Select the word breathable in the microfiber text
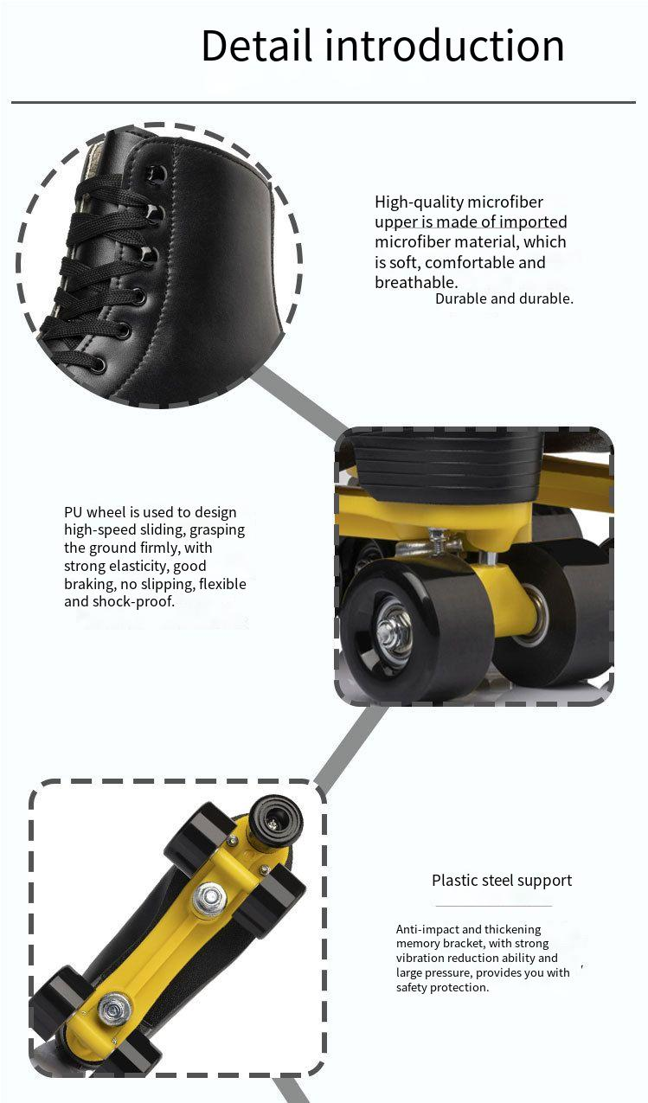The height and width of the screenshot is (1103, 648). click(415, 282)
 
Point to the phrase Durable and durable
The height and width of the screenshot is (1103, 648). click(504, 298)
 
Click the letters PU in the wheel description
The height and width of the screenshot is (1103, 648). click(73, 512)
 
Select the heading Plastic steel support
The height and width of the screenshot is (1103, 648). click(502, 880)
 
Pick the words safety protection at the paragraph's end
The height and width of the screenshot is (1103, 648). click(442, 987)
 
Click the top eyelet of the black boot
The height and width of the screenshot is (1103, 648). click(157, 173)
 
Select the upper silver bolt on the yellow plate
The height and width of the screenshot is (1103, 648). click(211, 897)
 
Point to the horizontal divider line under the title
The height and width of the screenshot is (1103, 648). click(324, 102)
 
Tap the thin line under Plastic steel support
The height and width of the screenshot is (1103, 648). click(493, 906)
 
